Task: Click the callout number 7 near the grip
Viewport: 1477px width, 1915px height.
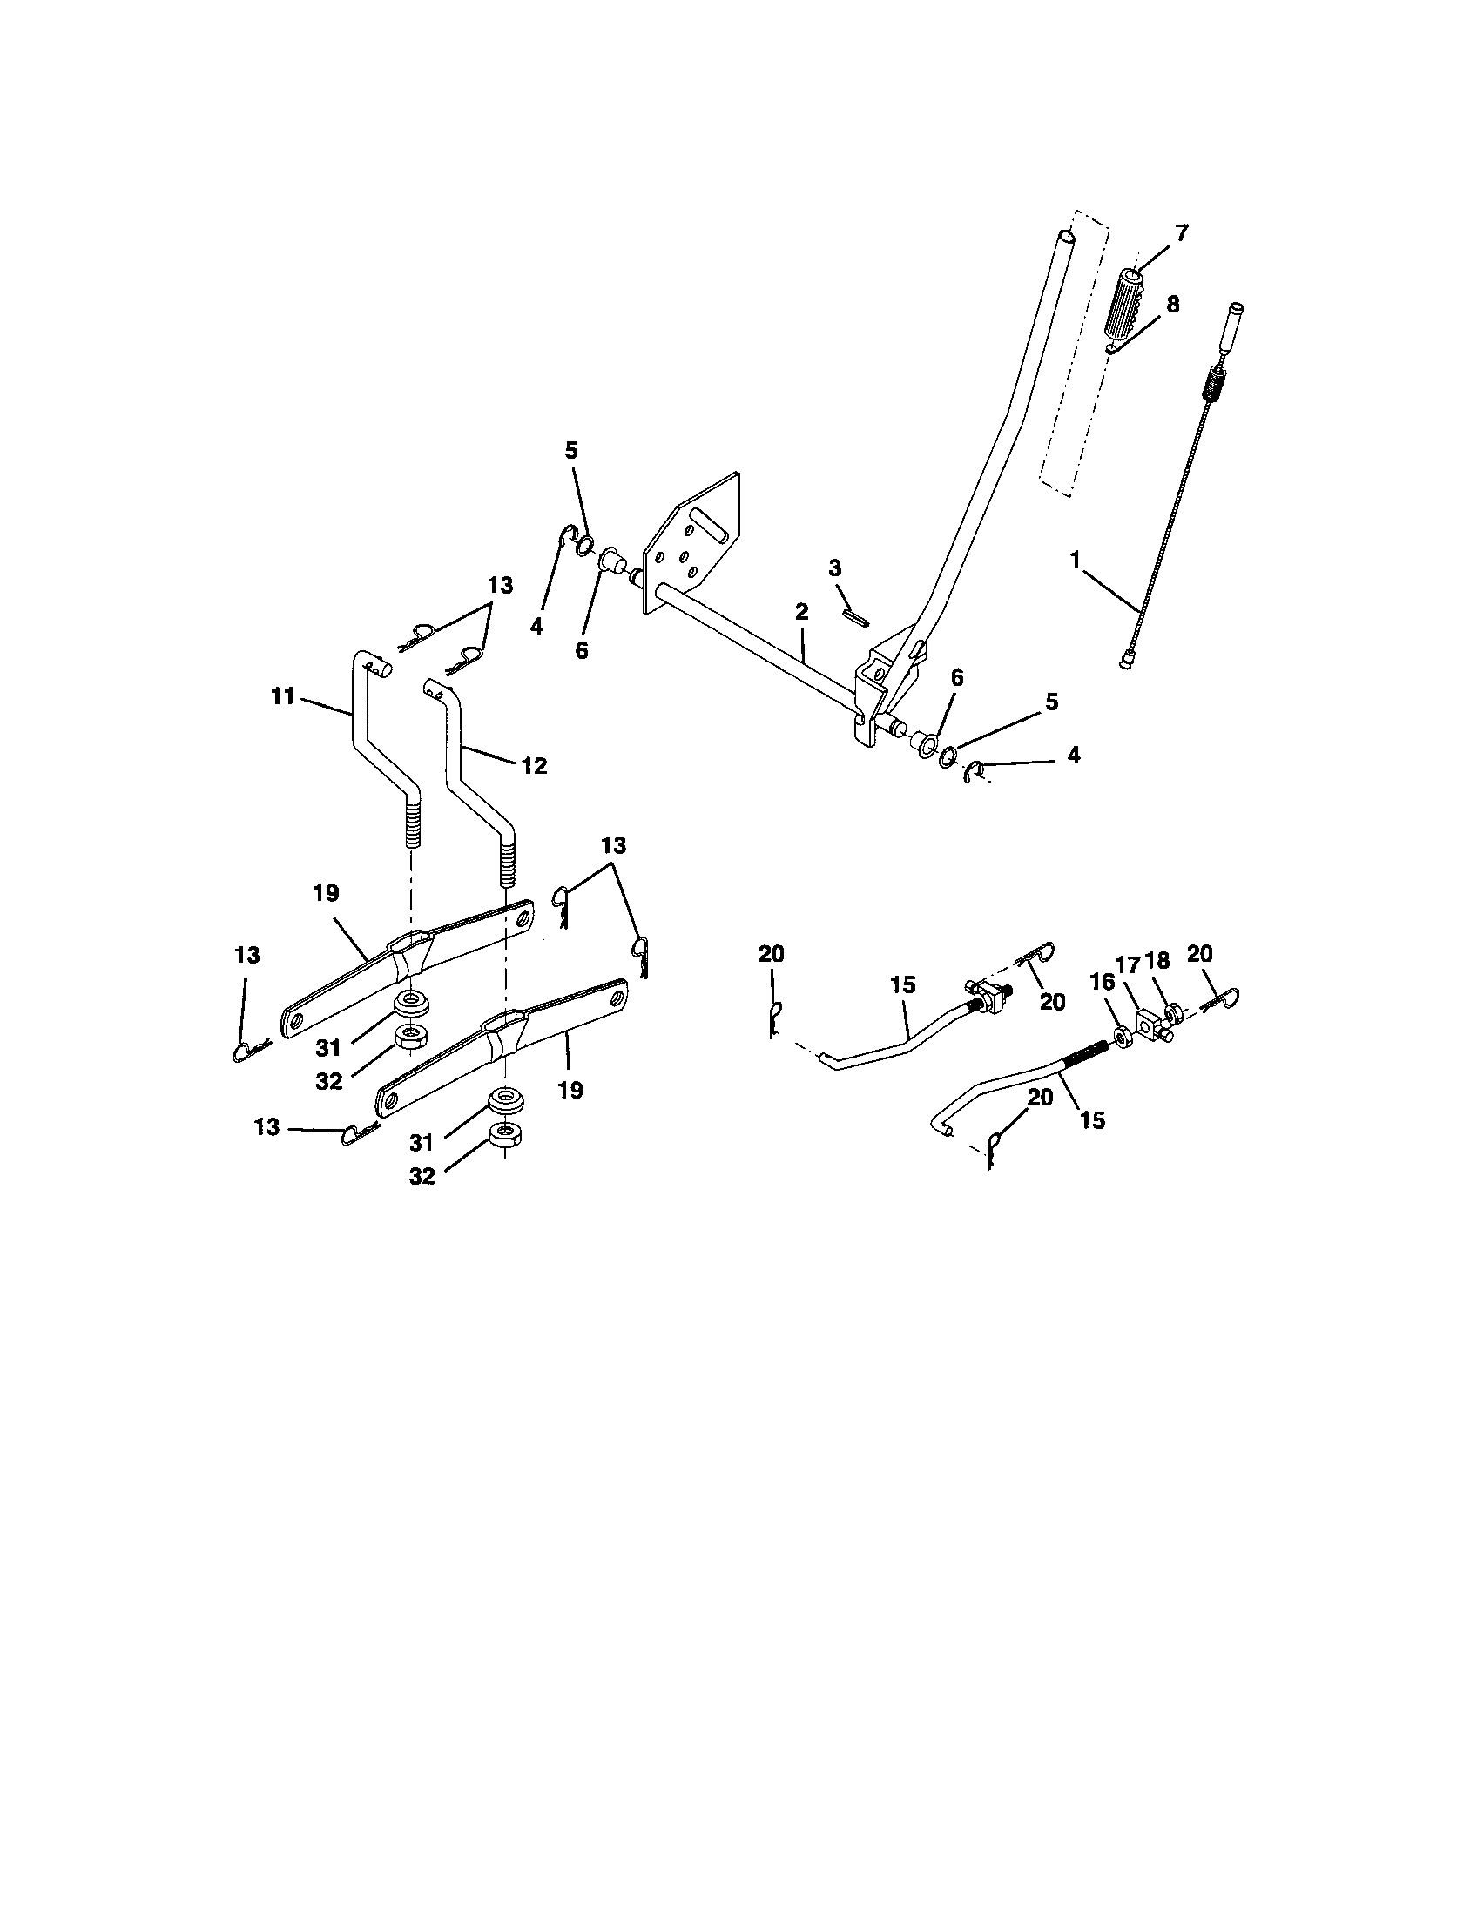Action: (1182, 233)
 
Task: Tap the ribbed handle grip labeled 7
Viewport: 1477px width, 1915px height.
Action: (1126, 312)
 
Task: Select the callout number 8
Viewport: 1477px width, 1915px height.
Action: (1172, 305)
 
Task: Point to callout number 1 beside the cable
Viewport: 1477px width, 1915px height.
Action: (1076, 561)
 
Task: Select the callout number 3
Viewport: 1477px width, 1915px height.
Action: (834, 568)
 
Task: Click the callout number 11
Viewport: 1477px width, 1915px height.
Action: (282, 697)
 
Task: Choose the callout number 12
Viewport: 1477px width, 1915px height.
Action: (534, 765)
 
